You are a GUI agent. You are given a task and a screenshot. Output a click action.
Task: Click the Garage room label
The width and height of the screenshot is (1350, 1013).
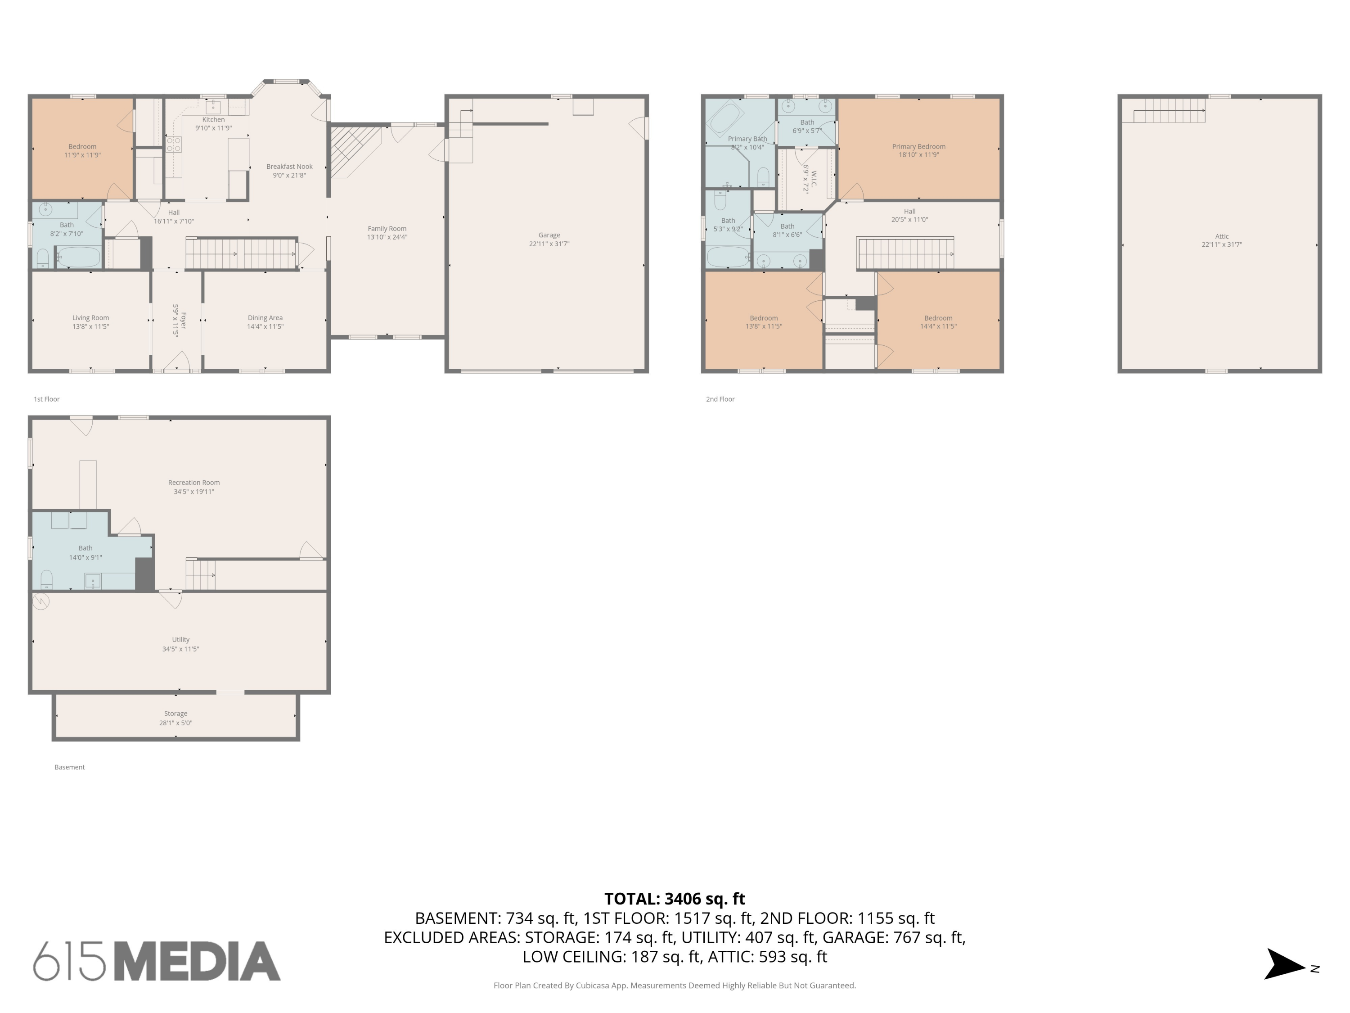click(549, 235)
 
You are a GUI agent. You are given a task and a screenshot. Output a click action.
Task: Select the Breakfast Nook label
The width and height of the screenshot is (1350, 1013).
click(289, 167)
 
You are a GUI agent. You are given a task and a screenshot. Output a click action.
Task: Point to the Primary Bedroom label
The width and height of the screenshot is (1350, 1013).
click(918, 146)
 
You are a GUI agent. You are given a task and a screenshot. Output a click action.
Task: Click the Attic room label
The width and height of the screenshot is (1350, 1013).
click(1222, 236)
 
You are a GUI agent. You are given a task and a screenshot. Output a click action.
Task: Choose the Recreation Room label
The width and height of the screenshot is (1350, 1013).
click(194, 482)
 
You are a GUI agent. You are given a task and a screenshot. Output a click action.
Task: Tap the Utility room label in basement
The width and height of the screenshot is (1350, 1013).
click(180, 640)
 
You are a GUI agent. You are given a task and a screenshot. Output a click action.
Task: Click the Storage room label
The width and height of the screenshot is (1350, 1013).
click(176, 713)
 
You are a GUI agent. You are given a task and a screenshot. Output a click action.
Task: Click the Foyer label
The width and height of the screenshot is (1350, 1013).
click(183, 321)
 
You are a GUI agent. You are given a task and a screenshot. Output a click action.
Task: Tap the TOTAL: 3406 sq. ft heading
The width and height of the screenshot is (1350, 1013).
click(675, 899)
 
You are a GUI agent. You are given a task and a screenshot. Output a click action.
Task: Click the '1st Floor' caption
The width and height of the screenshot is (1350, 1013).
click(46, 399)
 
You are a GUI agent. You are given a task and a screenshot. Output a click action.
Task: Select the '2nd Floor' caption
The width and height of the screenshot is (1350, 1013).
click(720, 399)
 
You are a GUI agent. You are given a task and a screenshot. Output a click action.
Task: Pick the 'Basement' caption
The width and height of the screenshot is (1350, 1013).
click(70, 768)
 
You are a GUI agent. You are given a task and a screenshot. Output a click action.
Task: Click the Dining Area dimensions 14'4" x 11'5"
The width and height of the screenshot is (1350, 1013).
click(265, 327)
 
